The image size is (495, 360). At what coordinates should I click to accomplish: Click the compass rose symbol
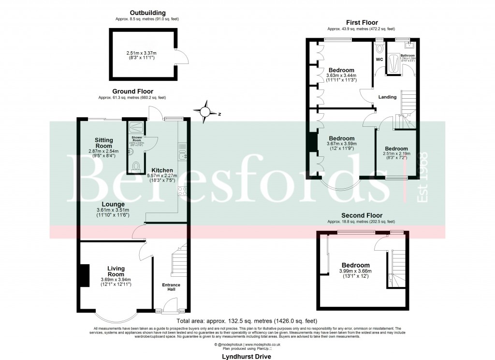[x=206, y=112]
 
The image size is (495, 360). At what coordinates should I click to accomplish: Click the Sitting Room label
[x=103, y=143]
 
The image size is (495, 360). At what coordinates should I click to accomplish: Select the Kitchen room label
[x=162, y=170]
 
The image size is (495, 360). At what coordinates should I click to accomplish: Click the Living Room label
[x=116, y=271]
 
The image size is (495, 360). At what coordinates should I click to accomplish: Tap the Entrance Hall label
[x=171, y=287]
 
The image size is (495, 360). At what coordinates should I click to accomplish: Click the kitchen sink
[x=182, y=155]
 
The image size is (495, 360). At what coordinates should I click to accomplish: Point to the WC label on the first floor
[x=379, y=60]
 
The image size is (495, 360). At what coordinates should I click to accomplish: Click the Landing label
[x=387, y=97]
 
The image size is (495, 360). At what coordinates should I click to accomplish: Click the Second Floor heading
[x=362, y=215]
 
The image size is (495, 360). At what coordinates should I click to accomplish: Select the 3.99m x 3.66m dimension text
[x=355, y=271]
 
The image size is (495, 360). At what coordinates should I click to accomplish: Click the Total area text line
[x=247, y=321]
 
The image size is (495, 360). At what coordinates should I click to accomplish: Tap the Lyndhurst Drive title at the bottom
[x=247, y=357]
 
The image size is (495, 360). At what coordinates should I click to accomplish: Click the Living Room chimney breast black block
[x=84, y=276]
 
